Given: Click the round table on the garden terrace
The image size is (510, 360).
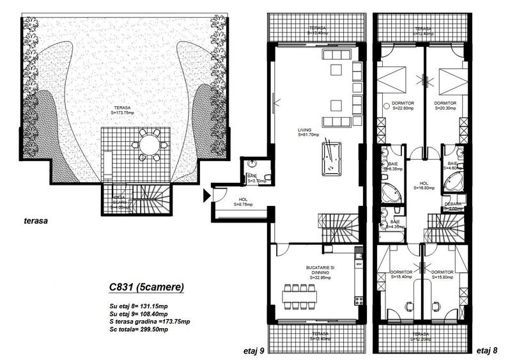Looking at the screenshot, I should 150,145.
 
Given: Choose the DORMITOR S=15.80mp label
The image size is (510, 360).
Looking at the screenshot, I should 442,274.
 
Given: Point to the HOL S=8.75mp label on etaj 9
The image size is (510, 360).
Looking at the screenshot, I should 243,201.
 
